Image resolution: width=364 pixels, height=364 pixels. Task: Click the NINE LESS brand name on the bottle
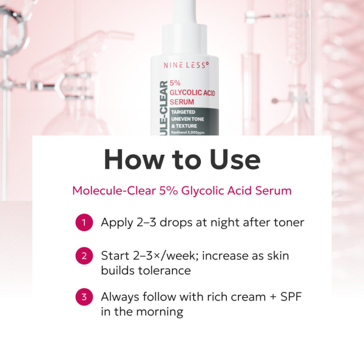pyautogui.click(x=186, y=66)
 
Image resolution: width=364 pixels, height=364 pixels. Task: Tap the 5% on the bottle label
pyautogui.click(x=175, y=83)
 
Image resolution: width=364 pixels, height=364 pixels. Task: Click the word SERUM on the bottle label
pyautogui.click(x=182, y=102)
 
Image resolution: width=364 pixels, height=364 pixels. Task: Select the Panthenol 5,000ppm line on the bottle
pyautogui.click(x=188, y=132)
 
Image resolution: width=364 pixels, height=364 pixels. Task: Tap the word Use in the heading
pyautogui.click(x=235, y=160)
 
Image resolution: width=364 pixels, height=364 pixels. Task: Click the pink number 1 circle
pyautogui.click(x=84, y=223)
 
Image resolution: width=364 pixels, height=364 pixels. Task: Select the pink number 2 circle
pyautogui.click(x=84, y=256)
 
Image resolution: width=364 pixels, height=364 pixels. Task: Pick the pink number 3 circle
pyautogui.click(x=84, y=297)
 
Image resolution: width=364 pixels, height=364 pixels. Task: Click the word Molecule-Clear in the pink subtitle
pyautogui.click(x=114, y=190)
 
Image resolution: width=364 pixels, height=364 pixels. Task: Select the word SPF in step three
pyautogui.click(x=291, y=297)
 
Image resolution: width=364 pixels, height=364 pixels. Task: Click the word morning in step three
pyautogui.click(x=160, y=312)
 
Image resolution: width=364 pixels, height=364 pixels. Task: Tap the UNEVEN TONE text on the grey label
pyautogui.click(x=187, y=119)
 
